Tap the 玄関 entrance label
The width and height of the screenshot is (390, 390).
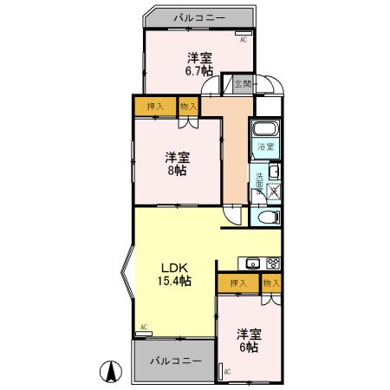(243, 84)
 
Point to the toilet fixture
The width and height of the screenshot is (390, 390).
(267, 217)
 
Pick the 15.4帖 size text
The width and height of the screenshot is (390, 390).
(174, 281)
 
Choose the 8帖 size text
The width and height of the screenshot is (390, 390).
(177, 171)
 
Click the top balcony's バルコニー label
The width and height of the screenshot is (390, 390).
(198, 16)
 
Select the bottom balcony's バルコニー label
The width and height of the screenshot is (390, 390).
(174, 360)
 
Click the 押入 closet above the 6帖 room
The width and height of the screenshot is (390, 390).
(237, 283)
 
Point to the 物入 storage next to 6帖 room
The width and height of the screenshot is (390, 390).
(271, 283)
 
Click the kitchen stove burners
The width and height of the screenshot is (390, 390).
(273, 263)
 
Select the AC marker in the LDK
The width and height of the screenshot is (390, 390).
(142, 327)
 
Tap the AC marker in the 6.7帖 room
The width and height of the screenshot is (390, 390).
(243, 39)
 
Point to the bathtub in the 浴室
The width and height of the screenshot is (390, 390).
(266, 131)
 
